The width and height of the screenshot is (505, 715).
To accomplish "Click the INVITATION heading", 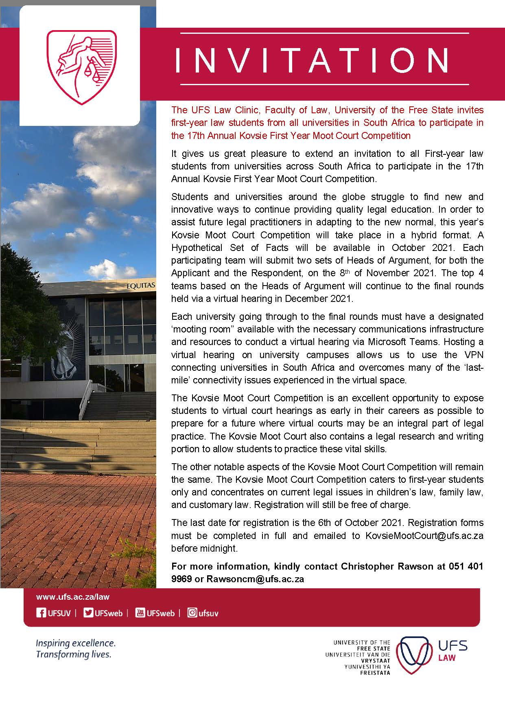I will click(x=312, y=60).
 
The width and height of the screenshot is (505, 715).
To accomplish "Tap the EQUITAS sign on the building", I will click(x=141, y=286).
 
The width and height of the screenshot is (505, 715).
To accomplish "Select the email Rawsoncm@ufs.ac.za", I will click(x=256, y=579).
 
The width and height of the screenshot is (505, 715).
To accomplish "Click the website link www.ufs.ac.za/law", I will click(x=73, y=597).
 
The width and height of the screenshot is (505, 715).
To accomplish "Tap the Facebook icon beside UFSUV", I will click(x=41, y=613).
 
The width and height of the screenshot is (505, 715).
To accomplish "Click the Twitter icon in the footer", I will click(x=88, y=613).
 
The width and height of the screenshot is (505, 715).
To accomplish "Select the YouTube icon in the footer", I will click(x=140, y=613).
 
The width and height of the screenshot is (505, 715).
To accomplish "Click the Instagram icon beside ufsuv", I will click(x=192, y=613).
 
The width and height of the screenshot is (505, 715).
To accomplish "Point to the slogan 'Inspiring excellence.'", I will click(x=76, y=644).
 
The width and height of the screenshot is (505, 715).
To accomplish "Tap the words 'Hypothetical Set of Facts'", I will click(x=230, y=248).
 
